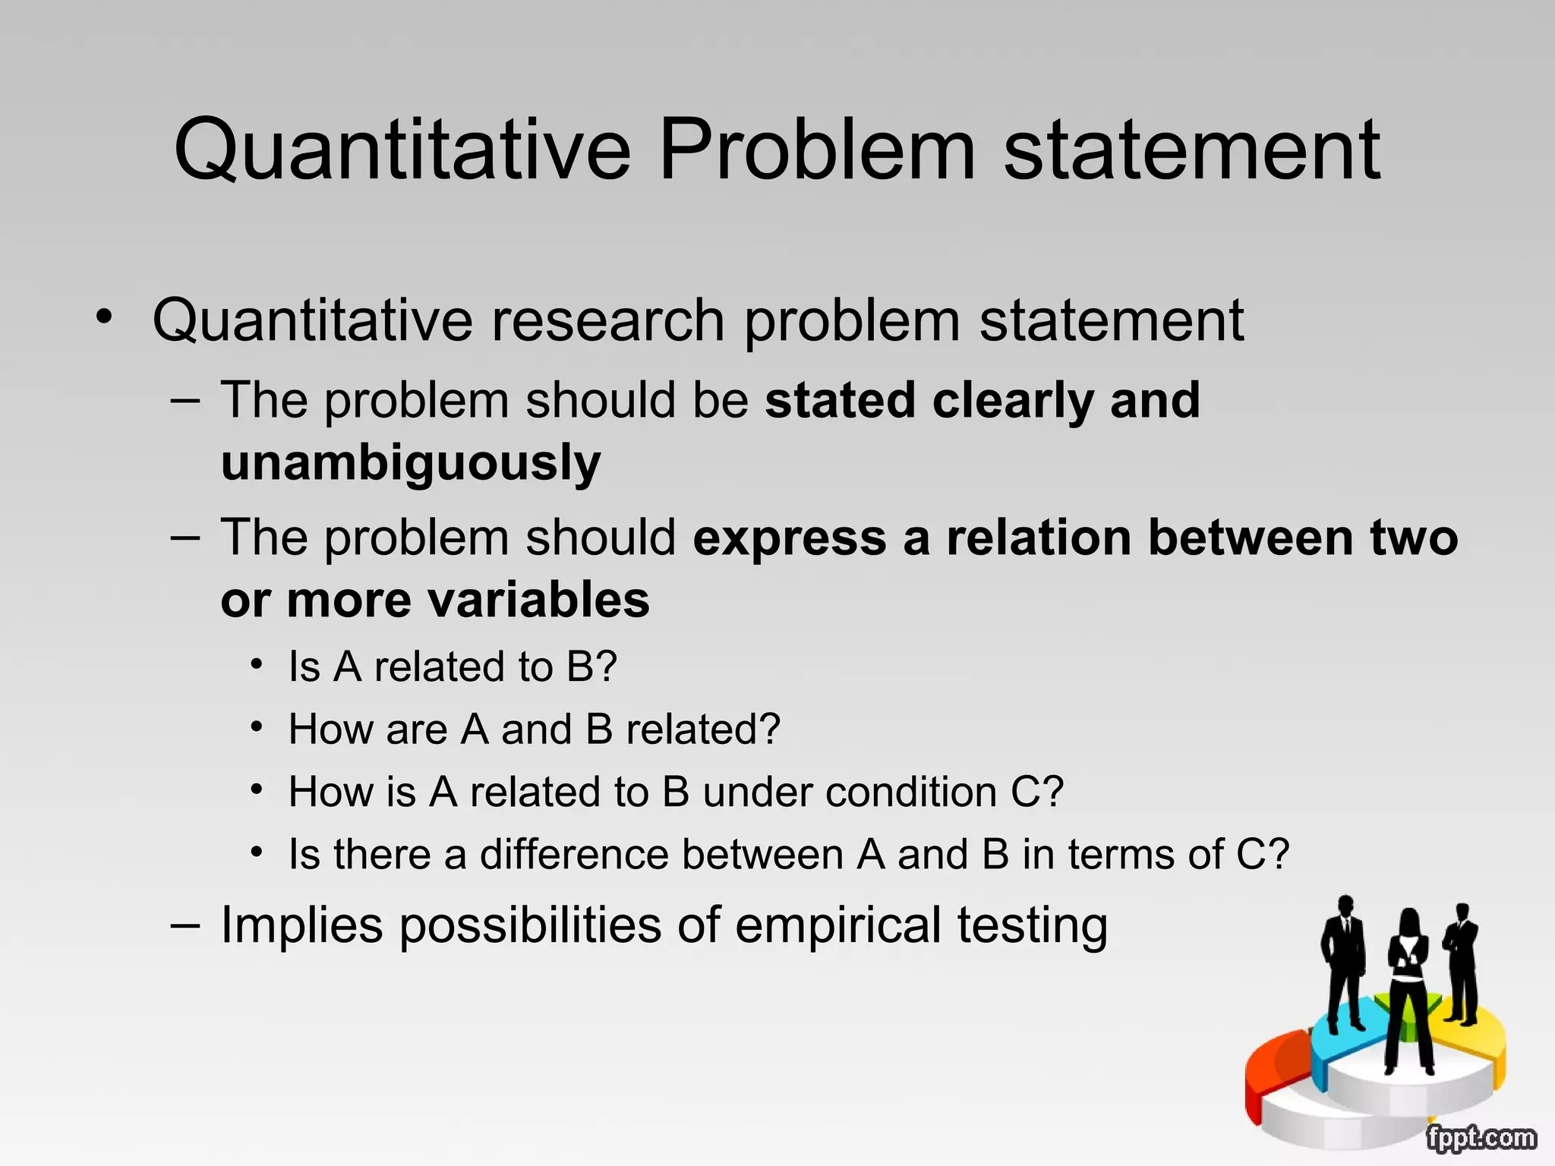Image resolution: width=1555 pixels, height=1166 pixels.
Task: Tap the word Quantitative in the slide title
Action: coord(402,152)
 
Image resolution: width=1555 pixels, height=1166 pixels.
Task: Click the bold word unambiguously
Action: coord(411,463)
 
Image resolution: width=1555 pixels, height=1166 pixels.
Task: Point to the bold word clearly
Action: coord(1013,400)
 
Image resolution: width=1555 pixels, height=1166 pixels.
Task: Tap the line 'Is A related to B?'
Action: coord(453,667)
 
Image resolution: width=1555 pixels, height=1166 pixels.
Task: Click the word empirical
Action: coord(839,926)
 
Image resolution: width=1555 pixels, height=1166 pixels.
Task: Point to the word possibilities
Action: coord(530,926)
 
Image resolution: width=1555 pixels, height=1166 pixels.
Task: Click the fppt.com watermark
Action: coord(1480,1138)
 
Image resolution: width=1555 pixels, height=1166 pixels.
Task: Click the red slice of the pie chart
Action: coord(1276,1070)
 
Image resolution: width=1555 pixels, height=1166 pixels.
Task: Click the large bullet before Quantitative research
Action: coord(104,317)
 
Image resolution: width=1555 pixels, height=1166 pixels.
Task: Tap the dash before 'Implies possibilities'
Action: coord(185,925)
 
